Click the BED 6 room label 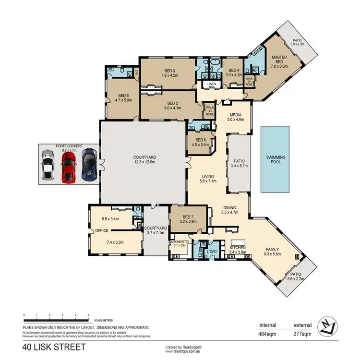(201, 140)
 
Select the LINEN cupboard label (211, 84)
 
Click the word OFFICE (102, 230)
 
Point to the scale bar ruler (56, 320)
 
